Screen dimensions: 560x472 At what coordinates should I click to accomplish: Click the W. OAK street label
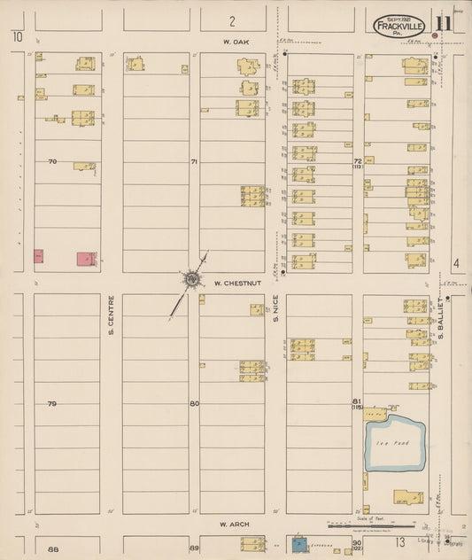click(232, 41)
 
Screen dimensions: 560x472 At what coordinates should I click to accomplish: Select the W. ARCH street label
click(233, 525)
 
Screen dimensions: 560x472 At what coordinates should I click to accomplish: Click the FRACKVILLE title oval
click(398, 27)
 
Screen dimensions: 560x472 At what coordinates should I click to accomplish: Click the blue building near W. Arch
click(300, 543)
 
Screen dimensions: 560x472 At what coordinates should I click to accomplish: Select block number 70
click(52, 161)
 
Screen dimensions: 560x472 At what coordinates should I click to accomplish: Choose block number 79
click(52, 404)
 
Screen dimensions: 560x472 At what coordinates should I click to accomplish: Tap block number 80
click(194, 404)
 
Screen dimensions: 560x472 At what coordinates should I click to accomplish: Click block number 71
click(194, 161)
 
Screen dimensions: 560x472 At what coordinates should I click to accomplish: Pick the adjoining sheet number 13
click(400, 541)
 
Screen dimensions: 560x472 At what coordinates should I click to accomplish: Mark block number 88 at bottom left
click(52, 550)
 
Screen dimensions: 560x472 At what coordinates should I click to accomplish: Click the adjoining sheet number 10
click(16, 35)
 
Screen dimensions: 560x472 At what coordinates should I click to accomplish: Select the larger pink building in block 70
click(86, 259)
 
